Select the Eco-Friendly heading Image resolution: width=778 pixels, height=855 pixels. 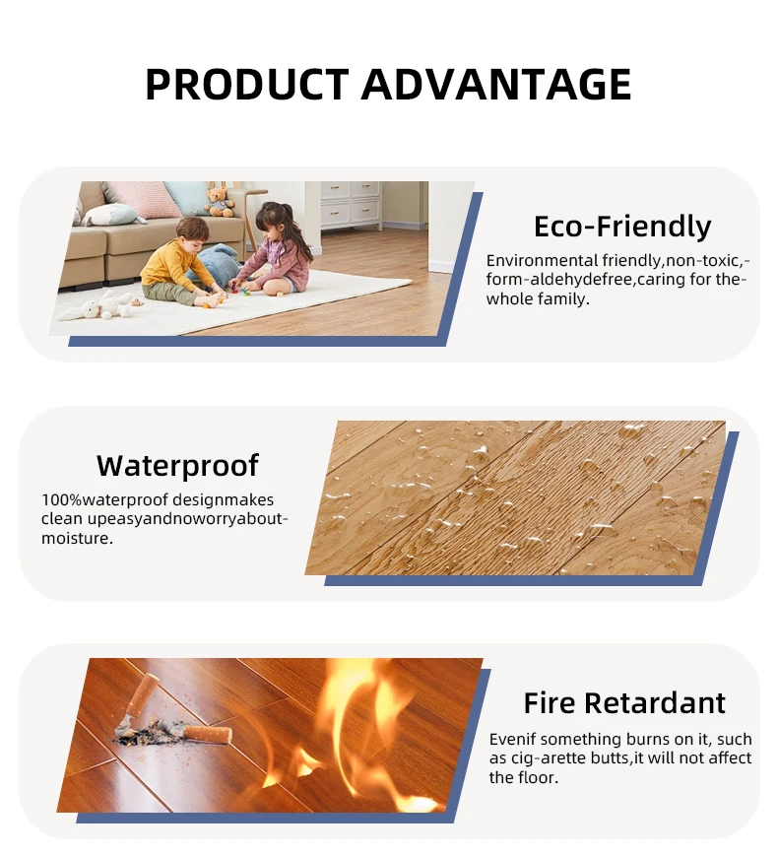621,227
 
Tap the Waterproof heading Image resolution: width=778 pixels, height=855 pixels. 177,465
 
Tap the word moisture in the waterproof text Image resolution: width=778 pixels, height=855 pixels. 77,538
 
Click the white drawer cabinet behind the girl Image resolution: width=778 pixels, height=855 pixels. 350,203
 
